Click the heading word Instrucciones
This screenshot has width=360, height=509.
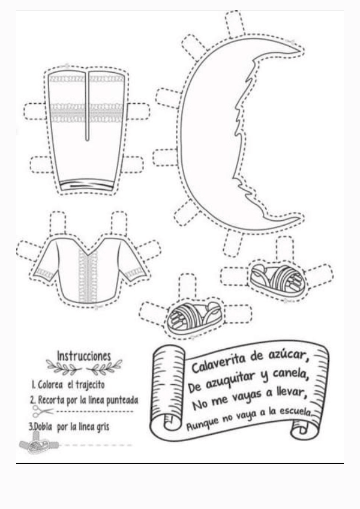tap(84, 355)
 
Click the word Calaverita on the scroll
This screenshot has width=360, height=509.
tap(220, 364)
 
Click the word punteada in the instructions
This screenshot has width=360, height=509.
tap(118, 399)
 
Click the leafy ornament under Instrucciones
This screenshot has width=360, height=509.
tap(84, 367)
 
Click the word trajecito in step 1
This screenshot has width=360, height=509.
tap(89, 384)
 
